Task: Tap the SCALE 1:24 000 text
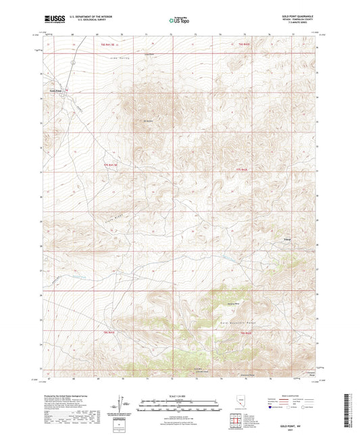tap(180, 395)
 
